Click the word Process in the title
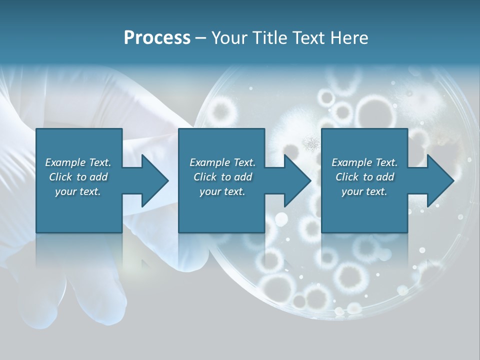[157, 38]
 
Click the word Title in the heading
[269, 38]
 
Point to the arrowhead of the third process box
[440, 180]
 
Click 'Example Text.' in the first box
[78, 162]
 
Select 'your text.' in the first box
[78, 191]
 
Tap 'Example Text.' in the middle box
[222, 162]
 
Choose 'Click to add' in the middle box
[222, 177]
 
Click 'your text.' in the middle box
[222, 191]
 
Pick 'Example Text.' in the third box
[364, 162]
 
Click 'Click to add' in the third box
[364, 177]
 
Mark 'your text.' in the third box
[364, 191]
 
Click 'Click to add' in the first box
[78, 177]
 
